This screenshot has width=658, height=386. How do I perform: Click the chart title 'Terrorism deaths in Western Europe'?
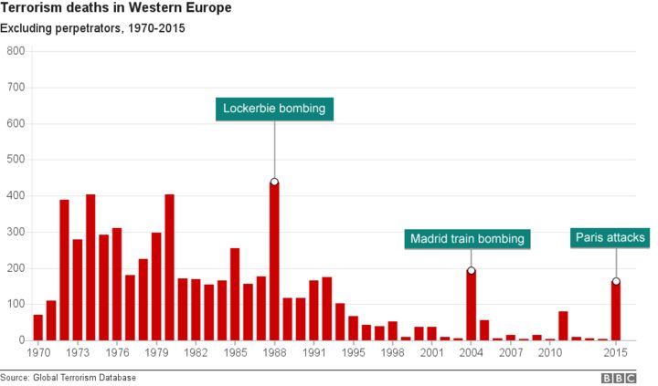pos(115,8)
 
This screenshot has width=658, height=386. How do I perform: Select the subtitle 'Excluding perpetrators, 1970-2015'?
pos(93,28)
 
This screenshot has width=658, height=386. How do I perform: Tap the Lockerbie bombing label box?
pos(274,109)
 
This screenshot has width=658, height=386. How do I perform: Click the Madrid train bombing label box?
pos(467,239)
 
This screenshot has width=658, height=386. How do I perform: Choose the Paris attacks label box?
pos(610,238)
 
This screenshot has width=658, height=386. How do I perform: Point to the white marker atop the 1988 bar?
pos(274,182)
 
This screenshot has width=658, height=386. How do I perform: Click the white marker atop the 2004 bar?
pos(471,270)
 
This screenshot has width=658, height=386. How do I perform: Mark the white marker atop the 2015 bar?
pos(615,281)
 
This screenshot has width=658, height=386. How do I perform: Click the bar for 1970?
pos(38,327)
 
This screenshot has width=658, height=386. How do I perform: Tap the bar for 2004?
pos(471,305)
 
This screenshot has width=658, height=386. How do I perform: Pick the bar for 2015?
pos(615,310)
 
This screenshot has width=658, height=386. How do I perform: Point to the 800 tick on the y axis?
pos(15,51)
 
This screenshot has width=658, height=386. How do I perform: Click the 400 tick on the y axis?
pos(15,195)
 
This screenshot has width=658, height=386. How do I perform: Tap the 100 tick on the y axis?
pos(15,304)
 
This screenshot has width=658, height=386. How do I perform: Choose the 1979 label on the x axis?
pos(156,351)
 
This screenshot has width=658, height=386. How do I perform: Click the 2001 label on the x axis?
pos(431,351)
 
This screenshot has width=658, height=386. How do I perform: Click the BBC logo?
pos(618,377)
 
